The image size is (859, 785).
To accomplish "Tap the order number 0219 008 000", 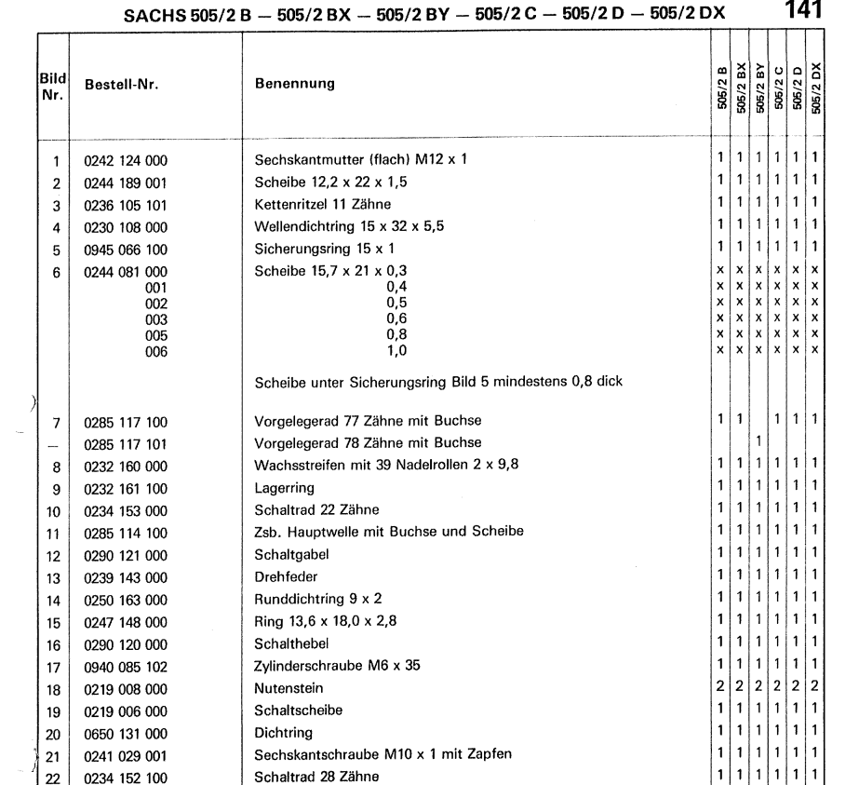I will point(126,687).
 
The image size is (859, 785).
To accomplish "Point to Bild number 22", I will point(54,777).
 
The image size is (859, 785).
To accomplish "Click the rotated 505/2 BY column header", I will point(760,86).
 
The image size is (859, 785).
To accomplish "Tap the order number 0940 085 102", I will point(126,665).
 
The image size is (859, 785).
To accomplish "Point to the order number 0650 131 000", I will point(126,732).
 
